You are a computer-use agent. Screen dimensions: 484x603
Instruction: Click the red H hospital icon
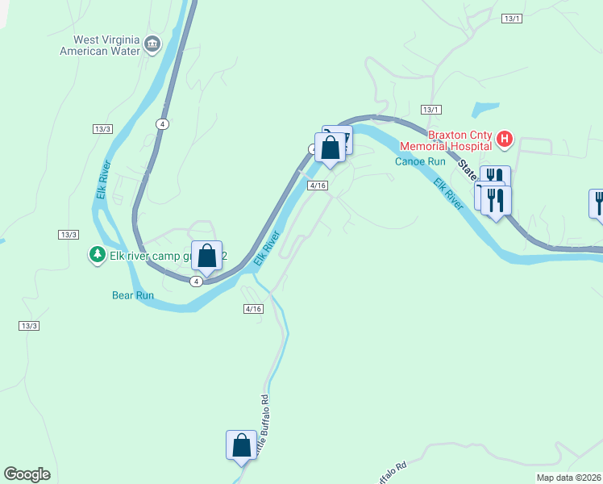point(505,140)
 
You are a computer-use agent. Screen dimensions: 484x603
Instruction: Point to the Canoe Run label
point(420,161)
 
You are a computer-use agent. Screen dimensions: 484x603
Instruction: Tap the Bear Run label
point(132,295)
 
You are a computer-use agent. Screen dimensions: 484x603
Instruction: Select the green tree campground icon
point(97,255)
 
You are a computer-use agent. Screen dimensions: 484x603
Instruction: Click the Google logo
point(27,474)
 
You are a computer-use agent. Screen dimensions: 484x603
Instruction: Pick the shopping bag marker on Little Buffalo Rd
point(241,445)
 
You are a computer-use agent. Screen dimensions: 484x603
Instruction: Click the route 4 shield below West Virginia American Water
point(164,123)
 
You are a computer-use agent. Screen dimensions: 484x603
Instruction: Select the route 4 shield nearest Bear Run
point(196,281)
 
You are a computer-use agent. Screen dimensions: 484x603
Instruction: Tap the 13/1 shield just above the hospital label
point(431,109)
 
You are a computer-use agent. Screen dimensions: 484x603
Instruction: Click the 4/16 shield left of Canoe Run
point(318,186)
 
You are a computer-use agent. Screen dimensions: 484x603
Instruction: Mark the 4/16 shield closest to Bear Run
point(253,309)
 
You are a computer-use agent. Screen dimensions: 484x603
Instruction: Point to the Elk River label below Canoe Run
point(448,194)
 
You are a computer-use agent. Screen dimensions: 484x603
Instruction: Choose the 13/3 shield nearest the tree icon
point(69,234)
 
